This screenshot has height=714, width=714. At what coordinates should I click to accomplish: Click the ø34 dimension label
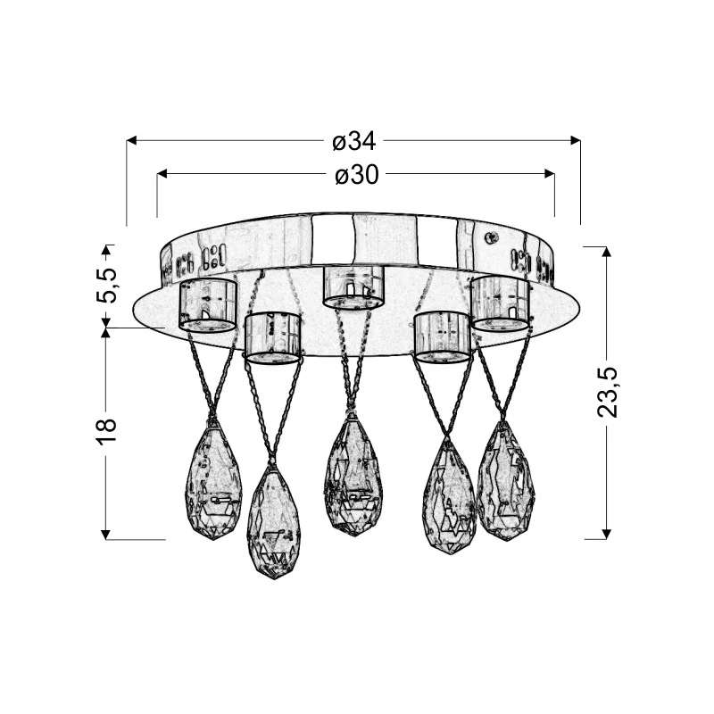[354, 141]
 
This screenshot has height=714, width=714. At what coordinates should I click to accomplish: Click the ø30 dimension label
[357, 174]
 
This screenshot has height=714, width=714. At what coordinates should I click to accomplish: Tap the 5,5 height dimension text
[106, 286]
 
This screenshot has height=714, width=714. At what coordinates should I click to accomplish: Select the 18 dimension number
[106, 430]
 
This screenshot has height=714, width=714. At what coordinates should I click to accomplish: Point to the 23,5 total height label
[607, 392]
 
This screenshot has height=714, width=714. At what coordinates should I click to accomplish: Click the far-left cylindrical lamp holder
[209, 304]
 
